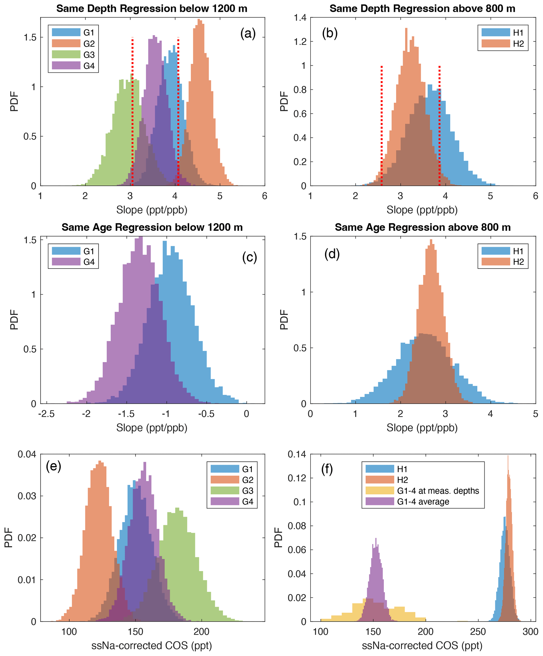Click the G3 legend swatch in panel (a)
66,54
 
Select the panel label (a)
248,33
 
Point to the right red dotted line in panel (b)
439,125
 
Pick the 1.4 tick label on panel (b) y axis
300,18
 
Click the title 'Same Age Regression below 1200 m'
152,227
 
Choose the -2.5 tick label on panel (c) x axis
46,414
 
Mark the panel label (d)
332,254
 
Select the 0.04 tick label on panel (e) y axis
27,454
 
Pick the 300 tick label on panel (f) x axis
530,632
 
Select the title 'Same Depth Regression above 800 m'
422,9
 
